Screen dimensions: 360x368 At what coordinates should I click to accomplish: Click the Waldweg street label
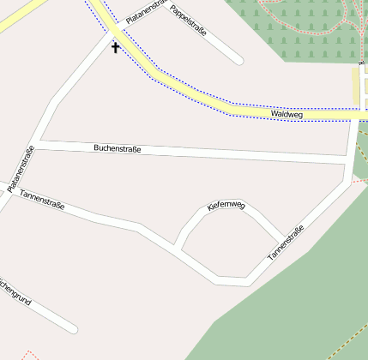click(287, 114)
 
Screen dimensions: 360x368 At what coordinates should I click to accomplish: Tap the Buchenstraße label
click(117, 149)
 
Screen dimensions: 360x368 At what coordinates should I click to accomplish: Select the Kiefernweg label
click(226, 206)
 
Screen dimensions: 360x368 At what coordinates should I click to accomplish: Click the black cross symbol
click(116, 47)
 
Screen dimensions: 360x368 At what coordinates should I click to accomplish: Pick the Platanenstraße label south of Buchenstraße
click(21, 169)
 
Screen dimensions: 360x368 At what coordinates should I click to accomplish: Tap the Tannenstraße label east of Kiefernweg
click(286, 243)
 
